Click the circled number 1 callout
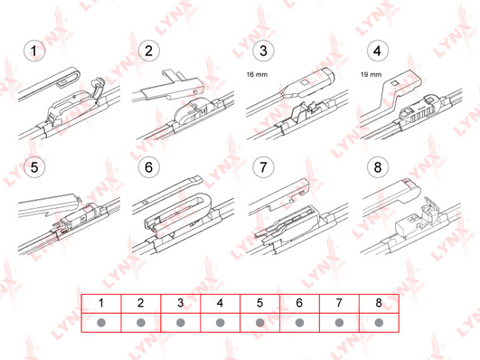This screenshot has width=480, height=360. pos(34,51)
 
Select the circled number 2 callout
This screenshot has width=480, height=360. pos(149,51)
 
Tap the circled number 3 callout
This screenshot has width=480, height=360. pos(263,51)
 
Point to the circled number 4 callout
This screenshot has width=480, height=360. pos(378,51)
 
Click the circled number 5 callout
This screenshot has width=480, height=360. pos(34,167)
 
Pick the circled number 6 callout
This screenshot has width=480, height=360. pos(149,167)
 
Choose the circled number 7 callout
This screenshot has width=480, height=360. pos(263,167)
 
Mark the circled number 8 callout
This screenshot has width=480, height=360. pos(378,167)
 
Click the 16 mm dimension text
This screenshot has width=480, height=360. pos(257,74)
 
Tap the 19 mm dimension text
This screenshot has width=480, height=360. pos(371,74)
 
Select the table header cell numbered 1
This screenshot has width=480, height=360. pos(101,304)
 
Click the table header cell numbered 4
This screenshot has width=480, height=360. pos(220,304)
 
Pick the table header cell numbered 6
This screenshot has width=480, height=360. pos(299,304)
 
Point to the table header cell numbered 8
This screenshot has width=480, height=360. pos(379,304)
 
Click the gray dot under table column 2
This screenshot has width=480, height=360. pos(141,323)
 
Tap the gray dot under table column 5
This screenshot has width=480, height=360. pos(260,323)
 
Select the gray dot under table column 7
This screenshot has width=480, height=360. pos(339,323)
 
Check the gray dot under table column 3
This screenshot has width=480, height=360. pos(181,323)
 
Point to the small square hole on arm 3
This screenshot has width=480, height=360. pos(305,82)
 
